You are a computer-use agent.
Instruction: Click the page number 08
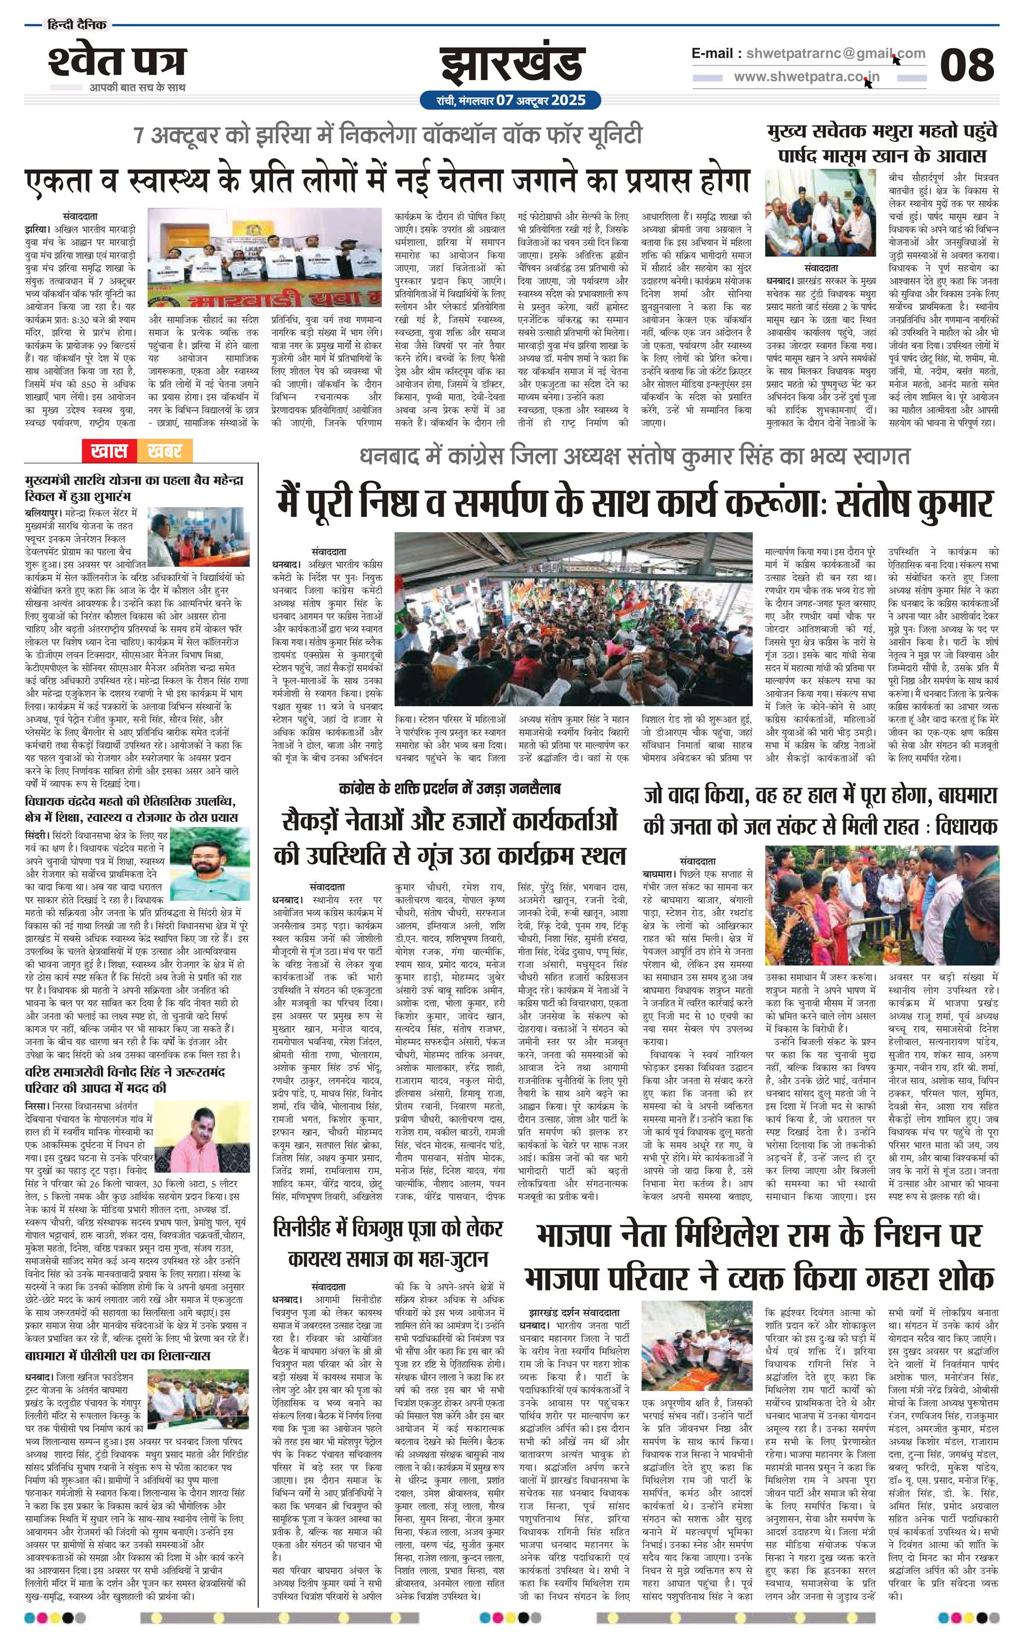[x=967, y=65]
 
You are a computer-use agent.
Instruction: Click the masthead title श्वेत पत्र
[x=117, y=62]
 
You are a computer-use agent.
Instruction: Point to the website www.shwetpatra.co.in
[x=807, y=77]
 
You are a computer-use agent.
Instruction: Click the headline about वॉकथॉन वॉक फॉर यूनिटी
[x=388, y=135]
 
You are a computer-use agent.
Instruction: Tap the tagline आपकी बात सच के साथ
[x=138, y=87]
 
